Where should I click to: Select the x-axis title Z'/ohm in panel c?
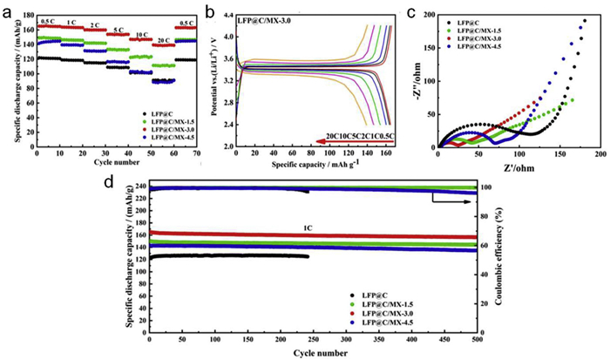(x=516, y=167)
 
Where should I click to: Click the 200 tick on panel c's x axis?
(x=596, y=155)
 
